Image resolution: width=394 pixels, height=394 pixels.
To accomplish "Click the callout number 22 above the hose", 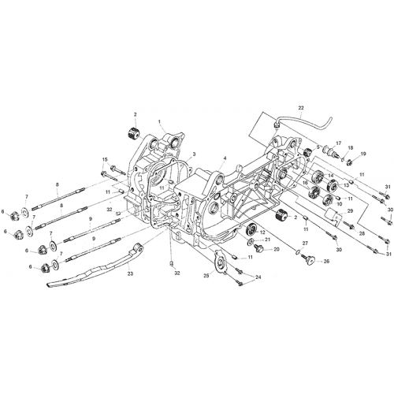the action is coord(301,107).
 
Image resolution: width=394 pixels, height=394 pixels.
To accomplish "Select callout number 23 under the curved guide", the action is coord(130,273).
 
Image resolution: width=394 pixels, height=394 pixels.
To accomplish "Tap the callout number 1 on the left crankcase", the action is coord(159,121).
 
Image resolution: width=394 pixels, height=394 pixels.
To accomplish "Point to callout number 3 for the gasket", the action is coord(194,154).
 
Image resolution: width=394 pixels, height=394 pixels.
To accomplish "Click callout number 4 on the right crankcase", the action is coord(225,158).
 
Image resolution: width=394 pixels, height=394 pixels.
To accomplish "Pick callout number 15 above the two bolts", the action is coord(105,159).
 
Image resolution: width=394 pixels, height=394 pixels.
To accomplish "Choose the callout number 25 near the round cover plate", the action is coord(207,276).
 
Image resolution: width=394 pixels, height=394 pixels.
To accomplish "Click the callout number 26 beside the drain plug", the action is coord(326,262).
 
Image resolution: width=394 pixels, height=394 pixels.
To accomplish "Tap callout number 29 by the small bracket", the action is coord(350,211).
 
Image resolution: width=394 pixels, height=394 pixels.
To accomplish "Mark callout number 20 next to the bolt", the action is coord(277,249).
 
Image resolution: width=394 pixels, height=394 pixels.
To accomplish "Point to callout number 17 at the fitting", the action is coord(339,143).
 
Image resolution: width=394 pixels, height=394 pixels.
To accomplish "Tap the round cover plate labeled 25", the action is coord(220,263).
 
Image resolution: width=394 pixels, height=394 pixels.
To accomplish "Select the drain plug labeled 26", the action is coord(310,261).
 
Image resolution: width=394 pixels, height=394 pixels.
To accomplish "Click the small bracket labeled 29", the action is coord(333,216).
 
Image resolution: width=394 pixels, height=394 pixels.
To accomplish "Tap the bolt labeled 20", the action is coord(258,247).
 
